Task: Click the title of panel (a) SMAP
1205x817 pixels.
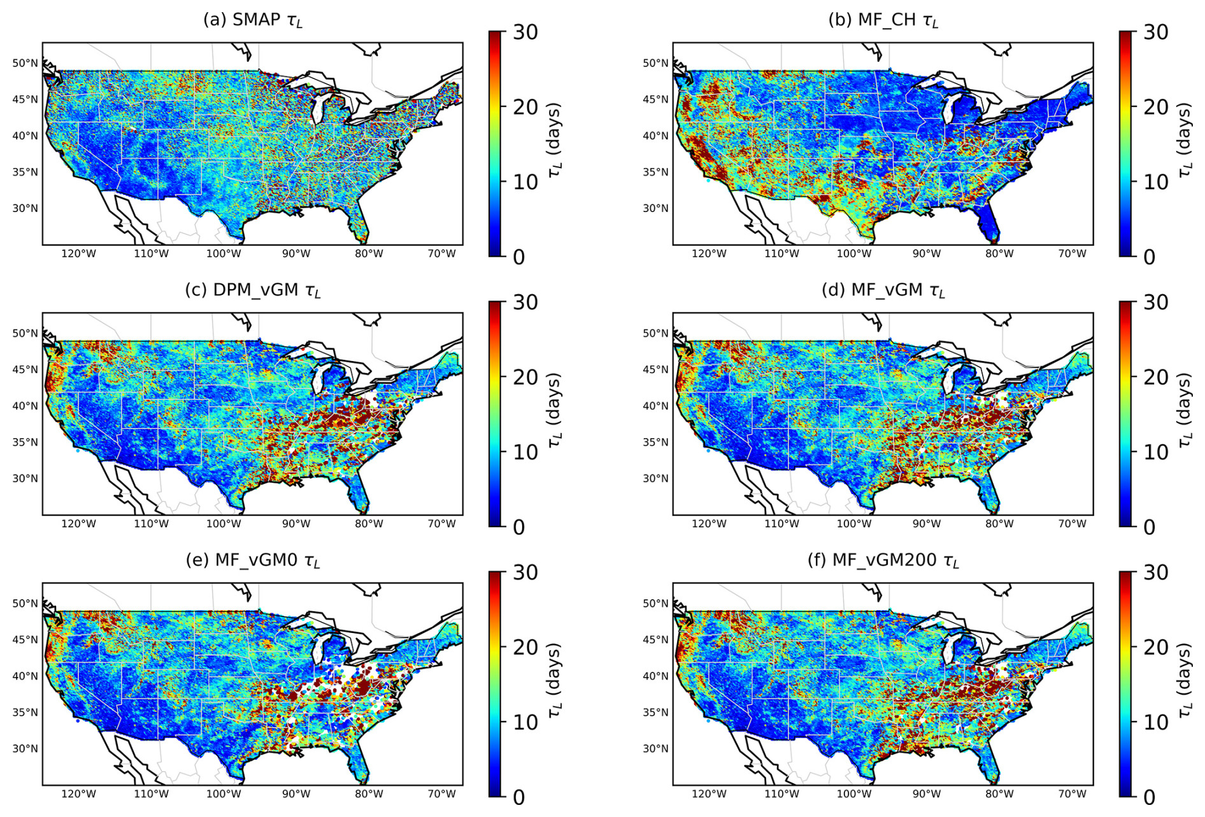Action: (x=253, y=20)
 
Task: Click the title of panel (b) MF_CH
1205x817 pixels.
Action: (x=883, y=20)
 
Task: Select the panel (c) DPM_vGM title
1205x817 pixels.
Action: (x=253, y=290)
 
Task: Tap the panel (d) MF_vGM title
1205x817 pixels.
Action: (x=883, y=290)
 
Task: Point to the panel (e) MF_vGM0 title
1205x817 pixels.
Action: (x=253, y=560)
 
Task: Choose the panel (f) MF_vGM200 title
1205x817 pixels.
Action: (x=883, y=560)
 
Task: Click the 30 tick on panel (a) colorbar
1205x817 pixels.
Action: (x=525, y=32)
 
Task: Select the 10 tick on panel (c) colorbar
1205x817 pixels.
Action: (x=525, y=452)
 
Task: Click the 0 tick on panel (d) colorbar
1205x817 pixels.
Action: (x=1149, y=527)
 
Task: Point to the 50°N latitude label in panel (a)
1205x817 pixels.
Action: (x=25, y=63)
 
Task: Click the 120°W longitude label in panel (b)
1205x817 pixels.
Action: (x=709, y=254)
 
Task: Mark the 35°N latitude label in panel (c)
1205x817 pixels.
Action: (x=25, y=442)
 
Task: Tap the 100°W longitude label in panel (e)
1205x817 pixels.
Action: (x=224, y=794)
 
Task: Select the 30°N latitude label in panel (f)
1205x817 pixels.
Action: (x=655, y=748)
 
